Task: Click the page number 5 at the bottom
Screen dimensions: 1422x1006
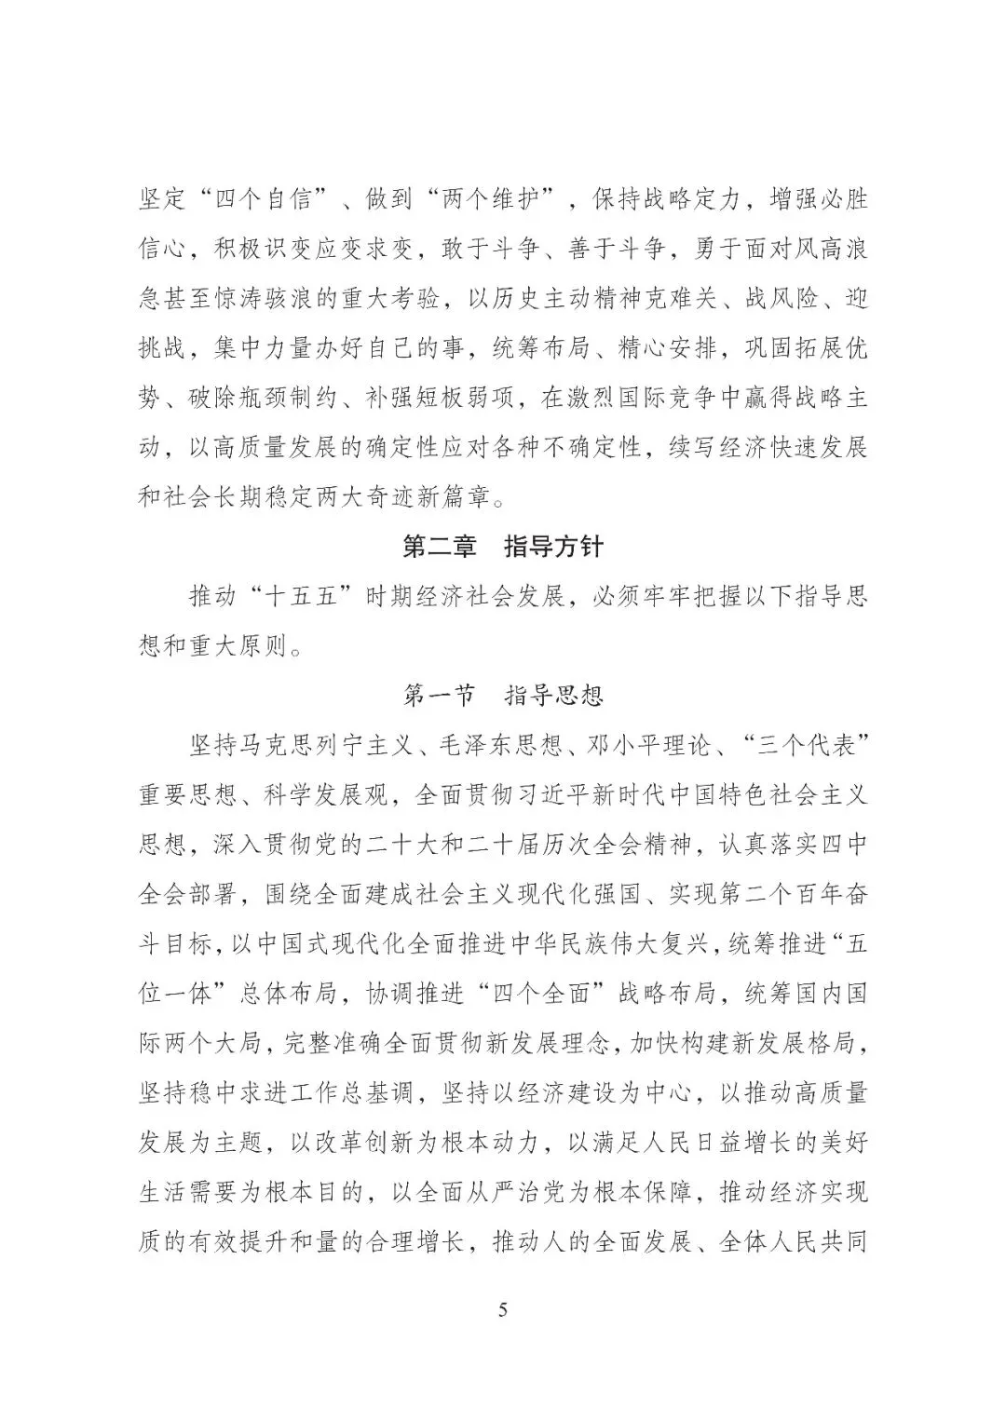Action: point(503,1310)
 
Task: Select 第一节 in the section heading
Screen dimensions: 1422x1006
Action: point(439,695)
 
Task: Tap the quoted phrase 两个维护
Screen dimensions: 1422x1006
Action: point(492,200)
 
